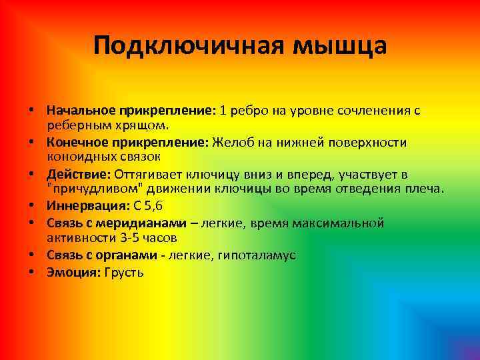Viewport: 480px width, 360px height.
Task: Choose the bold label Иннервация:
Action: (89, 206)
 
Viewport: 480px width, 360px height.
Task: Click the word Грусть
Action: (125, 272)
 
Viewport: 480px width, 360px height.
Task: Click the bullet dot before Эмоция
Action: (32, 272)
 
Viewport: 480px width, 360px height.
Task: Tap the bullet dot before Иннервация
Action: (32, 206)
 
